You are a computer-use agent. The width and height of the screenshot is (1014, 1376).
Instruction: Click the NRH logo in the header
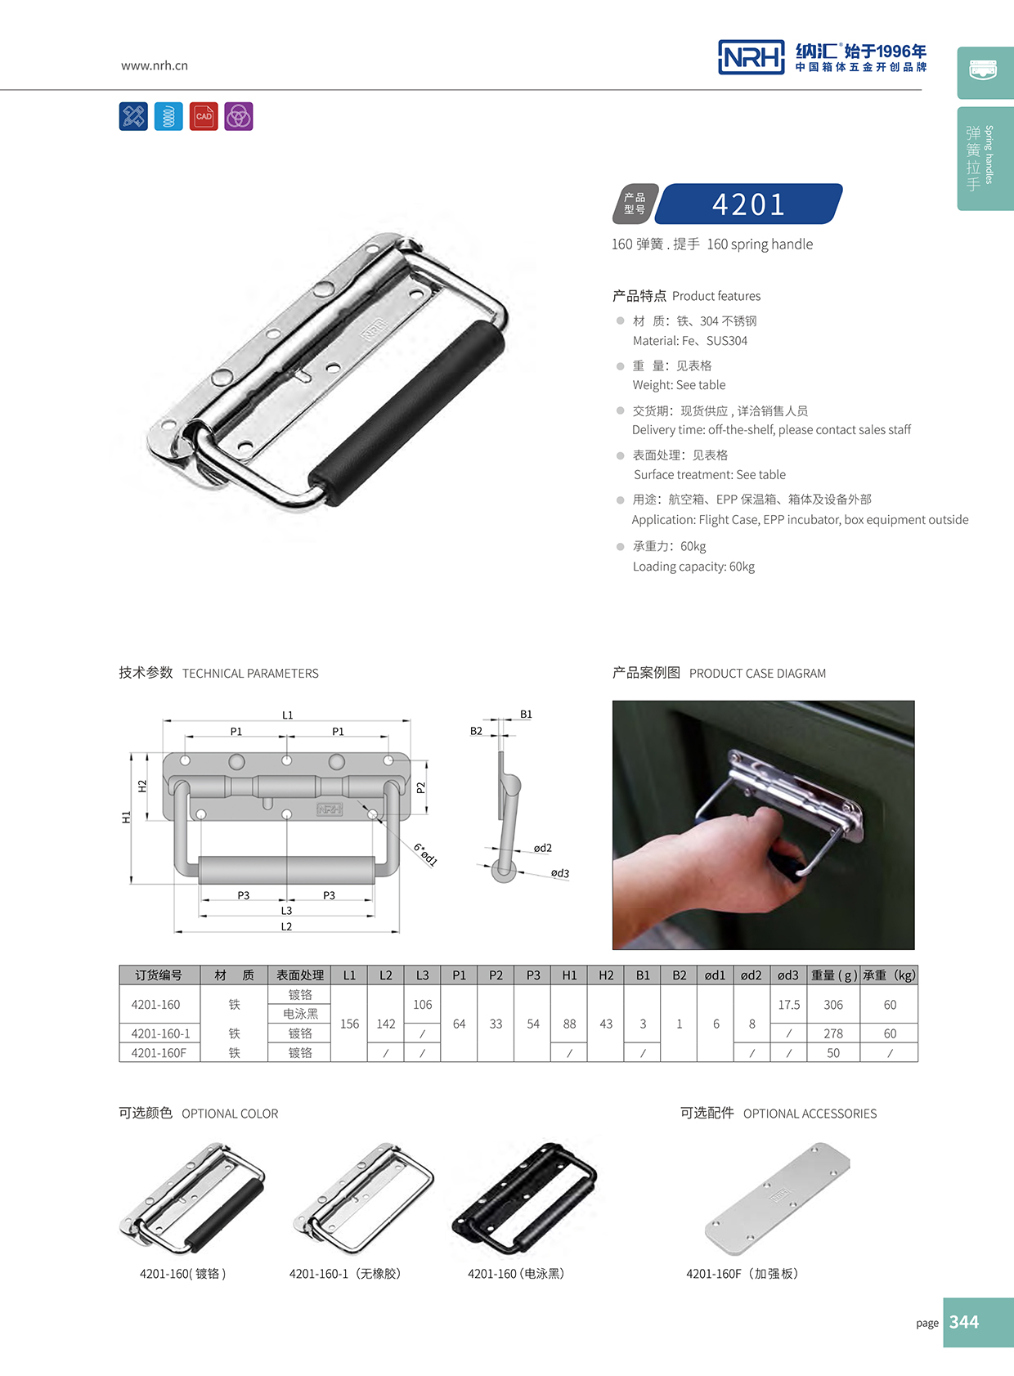coord(751,57)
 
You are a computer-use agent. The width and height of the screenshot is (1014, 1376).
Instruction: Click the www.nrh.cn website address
coord(154,65)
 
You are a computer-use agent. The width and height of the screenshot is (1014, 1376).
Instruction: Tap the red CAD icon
coord(204,116)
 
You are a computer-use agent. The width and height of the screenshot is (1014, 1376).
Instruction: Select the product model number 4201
coord(748,204)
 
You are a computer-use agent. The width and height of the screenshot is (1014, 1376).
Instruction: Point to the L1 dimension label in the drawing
coord(287,715)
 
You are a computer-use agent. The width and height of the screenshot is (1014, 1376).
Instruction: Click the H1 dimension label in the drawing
coord(126,817)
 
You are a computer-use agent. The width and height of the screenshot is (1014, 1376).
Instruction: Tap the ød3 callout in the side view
coord(560,873)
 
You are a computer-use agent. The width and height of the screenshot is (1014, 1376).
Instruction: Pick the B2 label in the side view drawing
coord(476,731)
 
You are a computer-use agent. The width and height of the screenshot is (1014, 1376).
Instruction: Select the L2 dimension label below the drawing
coord(286,926)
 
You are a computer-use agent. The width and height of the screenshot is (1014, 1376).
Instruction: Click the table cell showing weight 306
coord(833,1005)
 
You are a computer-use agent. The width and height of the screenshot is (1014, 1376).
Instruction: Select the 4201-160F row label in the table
coord(159,1053)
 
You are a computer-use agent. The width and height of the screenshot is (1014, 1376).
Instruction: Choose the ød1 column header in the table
coord(716,975)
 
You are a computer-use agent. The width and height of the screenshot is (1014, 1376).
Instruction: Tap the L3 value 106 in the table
coord(422,1005)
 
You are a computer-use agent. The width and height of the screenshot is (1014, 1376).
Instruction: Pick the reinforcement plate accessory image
coord(777,1198)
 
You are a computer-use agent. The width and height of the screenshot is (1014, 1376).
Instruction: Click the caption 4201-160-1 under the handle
coord(344,1274)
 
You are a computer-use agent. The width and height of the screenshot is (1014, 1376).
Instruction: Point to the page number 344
coord(964,1322)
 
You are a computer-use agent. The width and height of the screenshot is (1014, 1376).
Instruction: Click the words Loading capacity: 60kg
coord(693,567)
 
